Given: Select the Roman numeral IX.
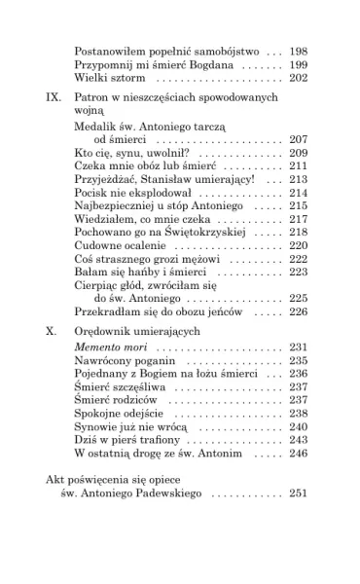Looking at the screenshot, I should click(54, 99).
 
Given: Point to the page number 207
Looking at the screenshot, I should click(299, 140).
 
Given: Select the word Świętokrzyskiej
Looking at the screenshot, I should click(189, 233).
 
